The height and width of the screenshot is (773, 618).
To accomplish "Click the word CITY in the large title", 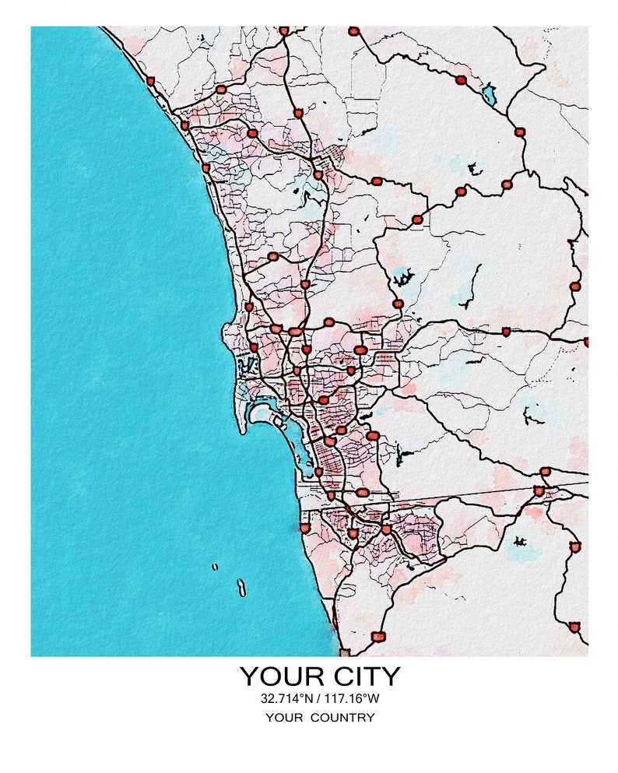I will pos(358,676).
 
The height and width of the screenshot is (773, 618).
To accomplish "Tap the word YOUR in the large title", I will pos(277,676).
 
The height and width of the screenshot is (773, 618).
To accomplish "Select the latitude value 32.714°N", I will pos(287,698).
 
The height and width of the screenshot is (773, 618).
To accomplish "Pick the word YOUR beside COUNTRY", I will pos(284,718).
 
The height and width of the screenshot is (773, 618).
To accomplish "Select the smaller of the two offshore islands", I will pos(215,567).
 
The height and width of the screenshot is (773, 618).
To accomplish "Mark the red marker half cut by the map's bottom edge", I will pos(344,652).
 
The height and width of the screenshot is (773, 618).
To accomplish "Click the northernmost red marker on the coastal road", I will pos(150,81).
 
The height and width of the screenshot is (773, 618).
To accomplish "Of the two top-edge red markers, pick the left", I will pos(283,31).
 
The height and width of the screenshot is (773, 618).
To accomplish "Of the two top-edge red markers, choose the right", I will pos(354,32).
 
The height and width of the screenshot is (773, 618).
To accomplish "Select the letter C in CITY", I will pos(327,676).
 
